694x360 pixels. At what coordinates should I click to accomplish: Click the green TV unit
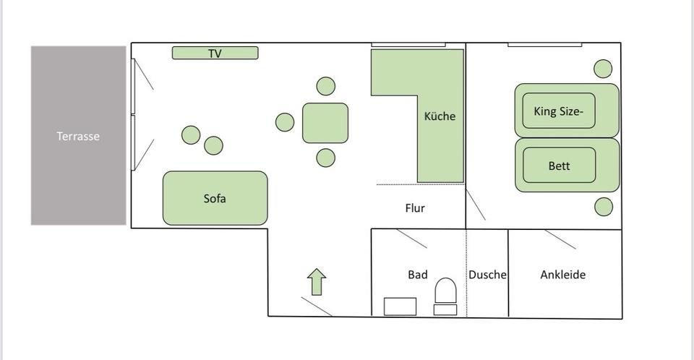[x=215, y=53]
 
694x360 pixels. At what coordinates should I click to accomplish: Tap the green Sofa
[x=215, y=198]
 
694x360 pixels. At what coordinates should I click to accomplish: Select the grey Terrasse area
[x=79, y=136]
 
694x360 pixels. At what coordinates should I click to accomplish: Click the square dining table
[x=325, y=123]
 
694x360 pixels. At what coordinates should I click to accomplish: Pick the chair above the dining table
[x=326, y=86]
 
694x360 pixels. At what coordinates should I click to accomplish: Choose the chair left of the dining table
[x=285, y=122]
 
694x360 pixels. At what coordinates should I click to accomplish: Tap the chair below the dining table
[x=326, y=158]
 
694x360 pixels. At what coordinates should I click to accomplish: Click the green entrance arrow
[x=317, y=281]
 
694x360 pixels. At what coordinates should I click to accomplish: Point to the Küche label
[x=440, y=116]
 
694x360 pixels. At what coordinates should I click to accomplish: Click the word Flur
[x=415, y=208]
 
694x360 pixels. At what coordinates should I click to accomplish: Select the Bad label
[x=418, y=275]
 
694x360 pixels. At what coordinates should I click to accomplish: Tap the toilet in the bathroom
[x=445, y=294]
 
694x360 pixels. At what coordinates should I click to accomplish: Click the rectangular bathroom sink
[x=400, y=307]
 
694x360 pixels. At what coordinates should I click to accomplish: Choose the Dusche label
[x=487, y=275]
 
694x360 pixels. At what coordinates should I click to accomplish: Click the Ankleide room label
[x=562, y=275]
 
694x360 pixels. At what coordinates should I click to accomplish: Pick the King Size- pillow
[x=559, y=111]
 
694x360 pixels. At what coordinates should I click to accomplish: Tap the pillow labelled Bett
[x=559, y=166]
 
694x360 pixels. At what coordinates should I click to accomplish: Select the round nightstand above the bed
[x=604, y=69]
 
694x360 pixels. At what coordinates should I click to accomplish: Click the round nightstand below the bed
[x=604, y=207]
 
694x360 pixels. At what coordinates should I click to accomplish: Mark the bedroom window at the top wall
[x=544, y=45]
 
